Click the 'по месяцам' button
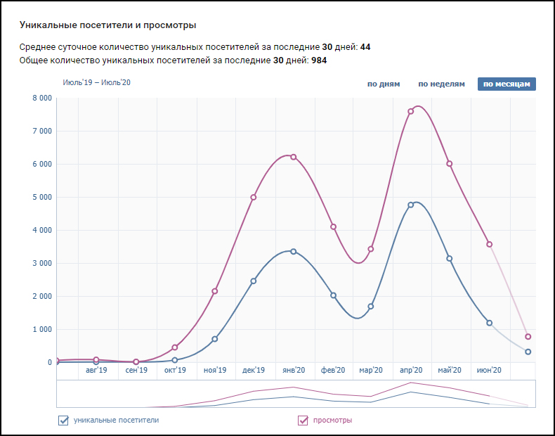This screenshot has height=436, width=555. click(x=507, y=84)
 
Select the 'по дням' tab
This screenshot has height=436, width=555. click(x=384, y=84)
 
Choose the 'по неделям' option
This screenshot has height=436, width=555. click(x=441, y=84)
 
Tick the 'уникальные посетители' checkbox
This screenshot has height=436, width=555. click(x=63, y=421)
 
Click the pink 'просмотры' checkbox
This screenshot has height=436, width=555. click(x=303, y=421)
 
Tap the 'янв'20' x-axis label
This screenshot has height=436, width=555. click(x=292, y=371)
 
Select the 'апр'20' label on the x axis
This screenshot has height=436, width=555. click(x=410, y=371)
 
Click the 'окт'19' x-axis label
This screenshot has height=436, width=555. click(x=175, y=371)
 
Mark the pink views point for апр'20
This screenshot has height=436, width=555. click(x=411, y=111)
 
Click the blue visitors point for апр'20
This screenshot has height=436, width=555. click(x=411, y=205)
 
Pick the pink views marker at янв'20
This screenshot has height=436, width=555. click(x=293, y=157)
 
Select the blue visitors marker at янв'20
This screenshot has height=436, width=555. click(x=293, y=251)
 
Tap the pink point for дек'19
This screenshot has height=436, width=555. click(x=254, y=197)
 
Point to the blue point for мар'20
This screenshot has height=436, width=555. click(x=371, y=307)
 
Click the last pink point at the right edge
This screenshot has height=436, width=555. click(x=528, y=337)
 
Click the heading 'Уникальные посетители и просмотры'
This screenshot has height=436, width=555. click(x=107, y=25)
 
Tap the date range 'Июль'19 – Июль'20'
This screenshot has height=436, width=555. click(x=97, y=82)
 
